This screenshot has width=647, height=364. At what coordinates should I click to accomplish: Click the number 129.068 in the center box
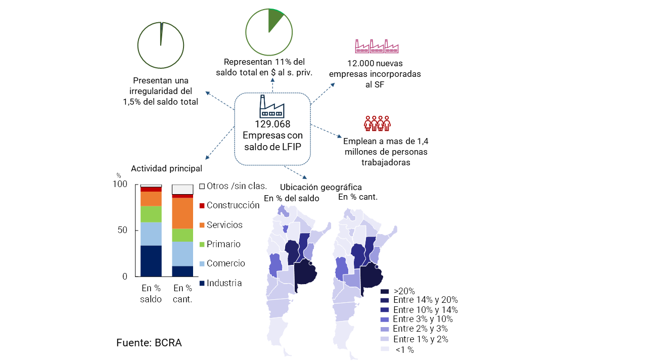[272, 124]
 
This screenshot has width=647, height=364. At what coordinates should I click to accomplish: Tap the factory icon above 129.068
[272, 106]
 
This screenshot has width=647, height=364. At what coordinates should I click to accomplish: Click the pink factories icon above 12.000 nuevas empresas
[377, 46]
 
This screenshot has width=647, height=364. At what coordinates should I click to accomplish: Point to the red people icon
[377, 123]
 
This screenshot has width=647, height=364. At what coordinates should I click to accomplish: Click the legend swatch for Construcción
[202, 206]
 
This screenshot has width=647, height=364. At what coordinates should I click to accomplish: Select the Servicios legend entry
[224, 225]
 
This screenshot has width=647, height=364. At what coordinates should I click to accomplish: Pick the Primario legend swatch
[202, 245]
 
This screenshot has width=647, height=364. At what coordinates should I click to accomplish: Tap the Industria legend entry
[224, 283]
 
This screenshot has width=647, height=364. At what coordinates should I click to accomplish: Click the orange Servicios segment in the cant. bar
[182, 213]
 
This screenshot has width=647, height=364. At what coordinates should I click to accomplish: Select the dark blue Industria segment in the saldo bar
[151, 261]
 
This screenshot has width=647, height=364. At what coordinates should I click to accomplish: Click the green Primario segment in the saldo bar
[151, 214]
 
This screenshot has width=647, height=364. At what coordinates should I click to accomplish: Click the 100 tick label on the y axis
[120, 185]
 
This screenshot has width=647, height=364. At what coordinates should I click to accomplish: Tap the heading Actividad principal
[166, 168]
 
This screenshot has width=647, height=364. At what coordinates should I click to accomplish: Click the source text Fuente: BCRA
[149, 342]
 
